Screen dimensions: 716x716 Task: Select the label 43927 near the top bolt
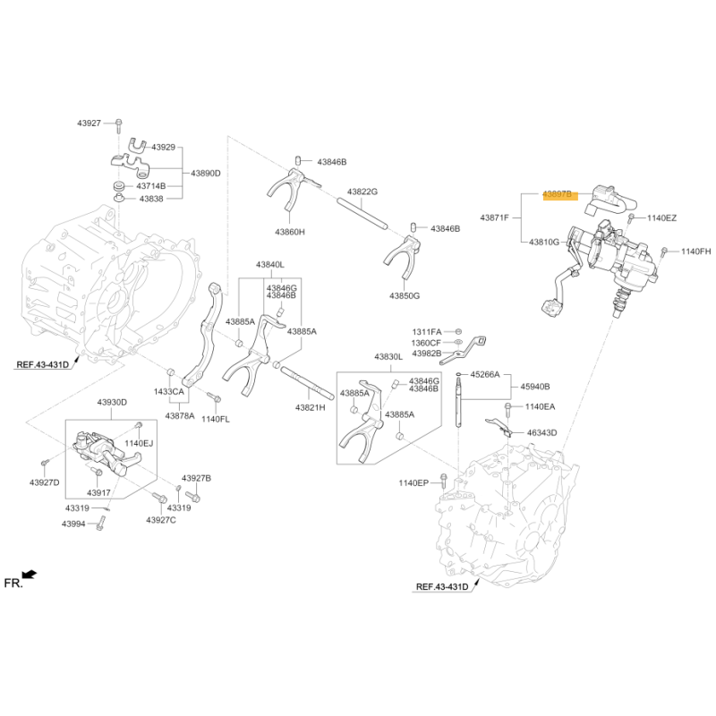point(89,124)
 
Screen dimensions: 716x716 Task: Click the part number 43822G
point(362,192)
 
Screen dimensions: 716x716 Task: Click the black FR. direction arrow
point(30,574)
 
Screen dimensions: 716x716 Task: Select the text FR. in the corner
point(13,584)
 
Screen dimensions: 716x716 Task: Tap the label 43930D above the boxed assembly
point(112,402)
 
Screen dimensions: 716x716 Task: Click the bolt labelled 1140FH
point(664,251)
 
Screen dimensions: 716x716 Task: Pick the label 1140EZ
point(661,218)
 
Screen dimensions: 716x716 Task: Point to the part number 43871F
point(494,217)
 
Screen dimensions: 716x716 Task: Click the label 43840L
point(270,264)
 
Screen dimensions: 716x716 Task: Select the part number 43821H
point(310,407)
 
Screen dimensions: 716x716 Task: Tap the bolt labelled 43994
point(100,524)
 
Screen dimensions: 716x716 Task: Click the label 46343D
point(542,432)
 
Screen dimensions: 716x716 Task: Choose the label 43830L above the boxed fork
point(388,356)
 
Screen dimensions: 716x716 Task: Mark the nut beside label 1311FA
point(459,331)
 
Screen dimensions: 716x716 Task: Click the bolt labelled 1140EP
point(443,482)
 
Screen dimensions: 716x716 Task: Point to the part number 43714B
point(151,186)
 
